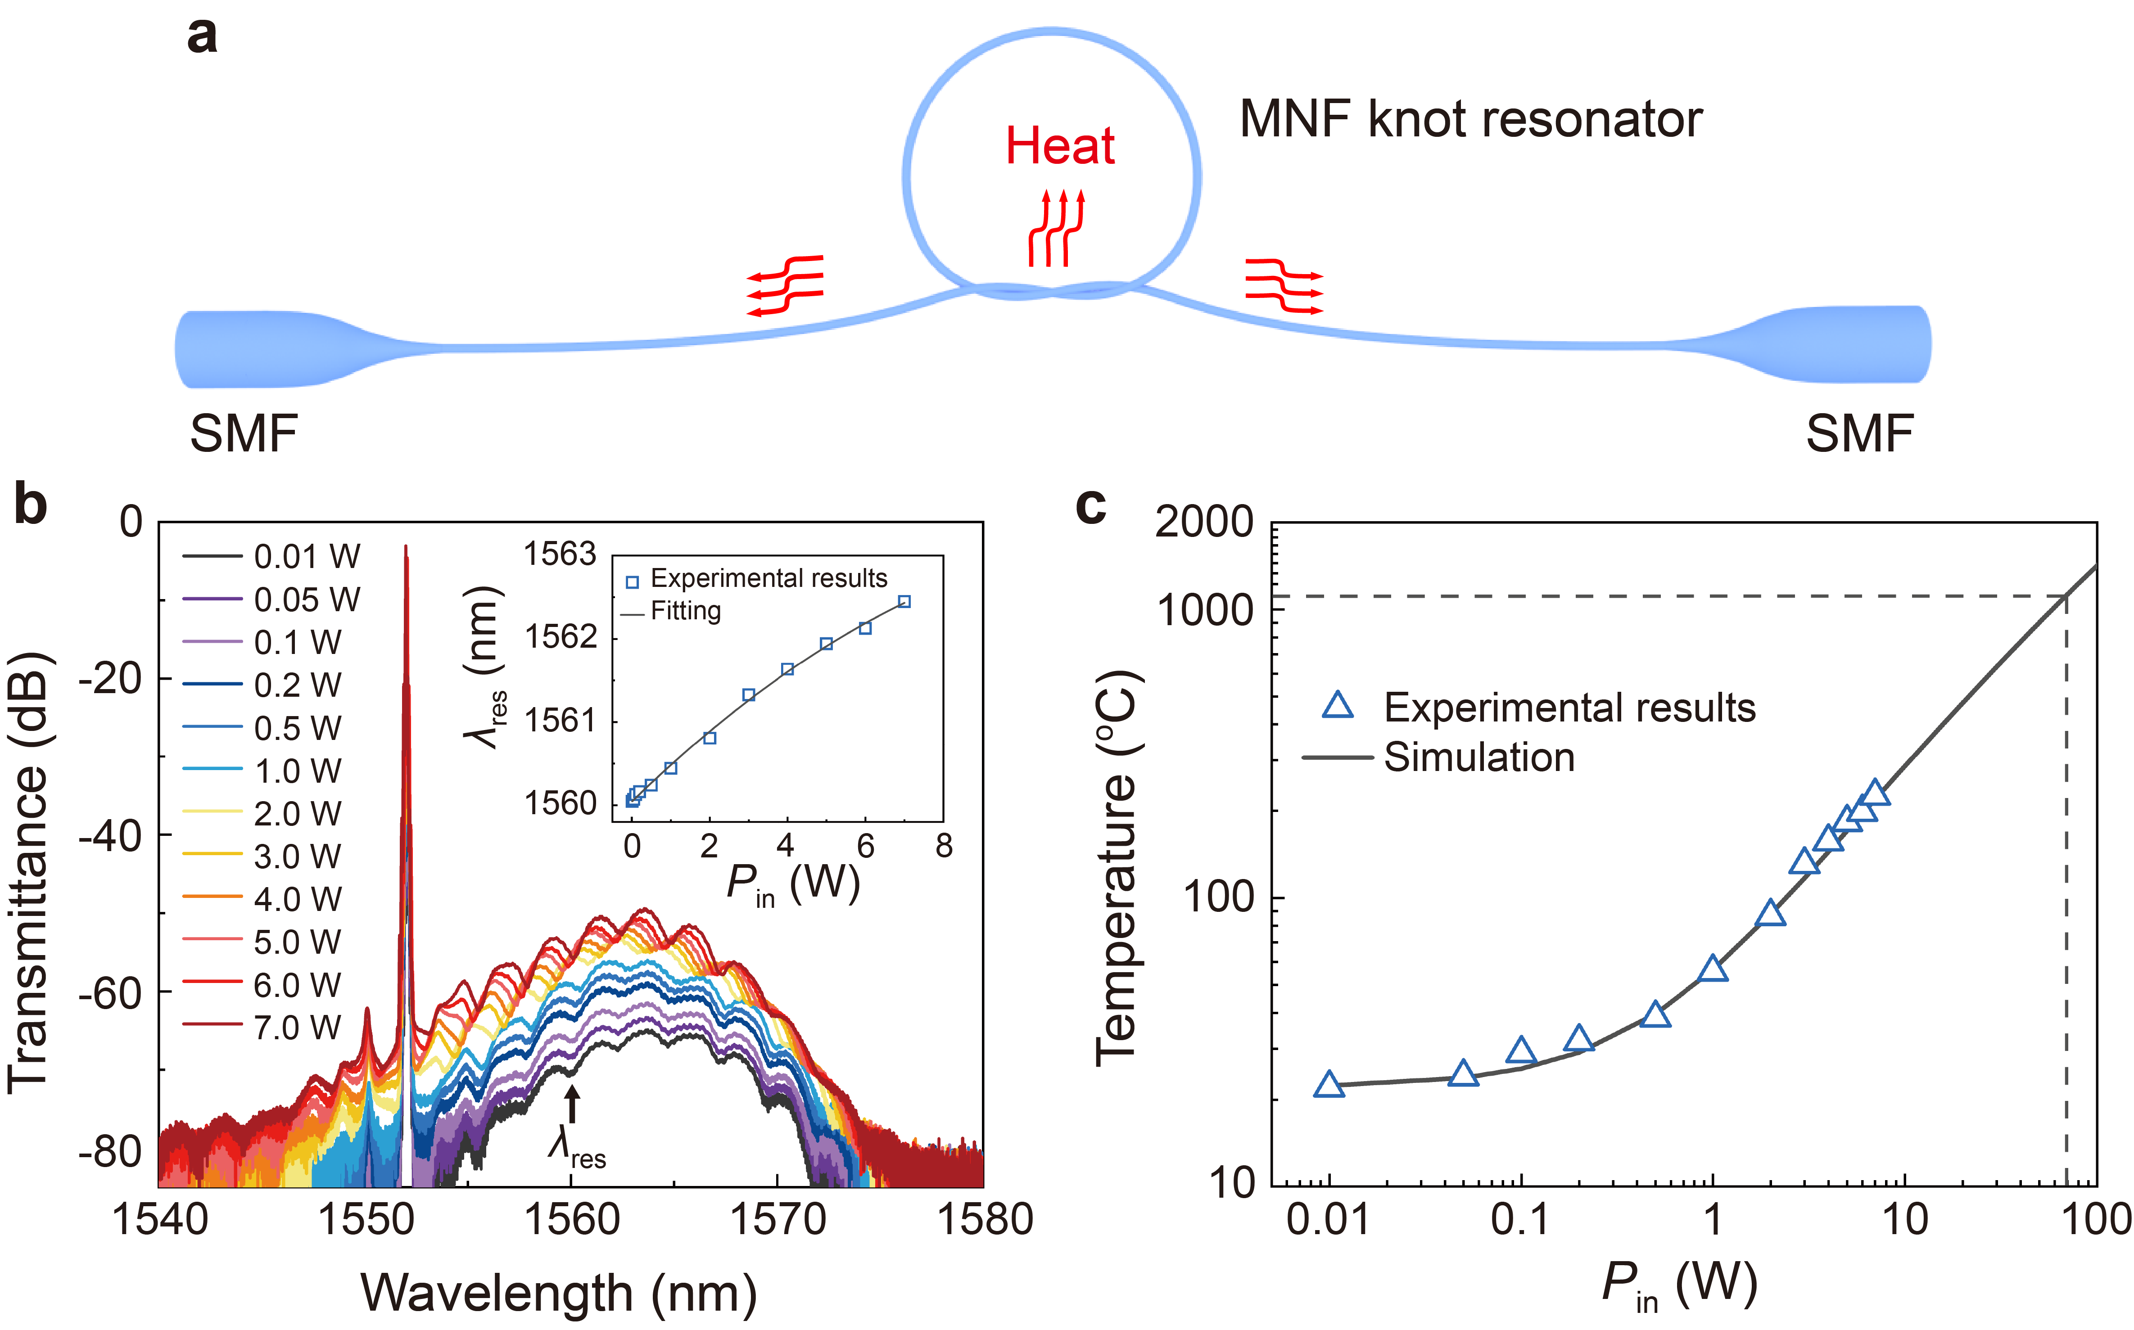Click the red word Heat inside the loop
pos(1060,146)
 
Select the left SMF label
pos(244,434)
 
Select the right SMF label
pos(1859,434)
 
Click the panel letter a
pos(202,37)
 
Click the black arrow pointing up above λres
pos(573,1104)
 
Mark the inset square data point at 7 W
pos(904,602)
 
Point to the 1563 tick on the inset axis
pos(561,554)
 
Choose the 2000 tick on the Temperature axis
pos(1203,523)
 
